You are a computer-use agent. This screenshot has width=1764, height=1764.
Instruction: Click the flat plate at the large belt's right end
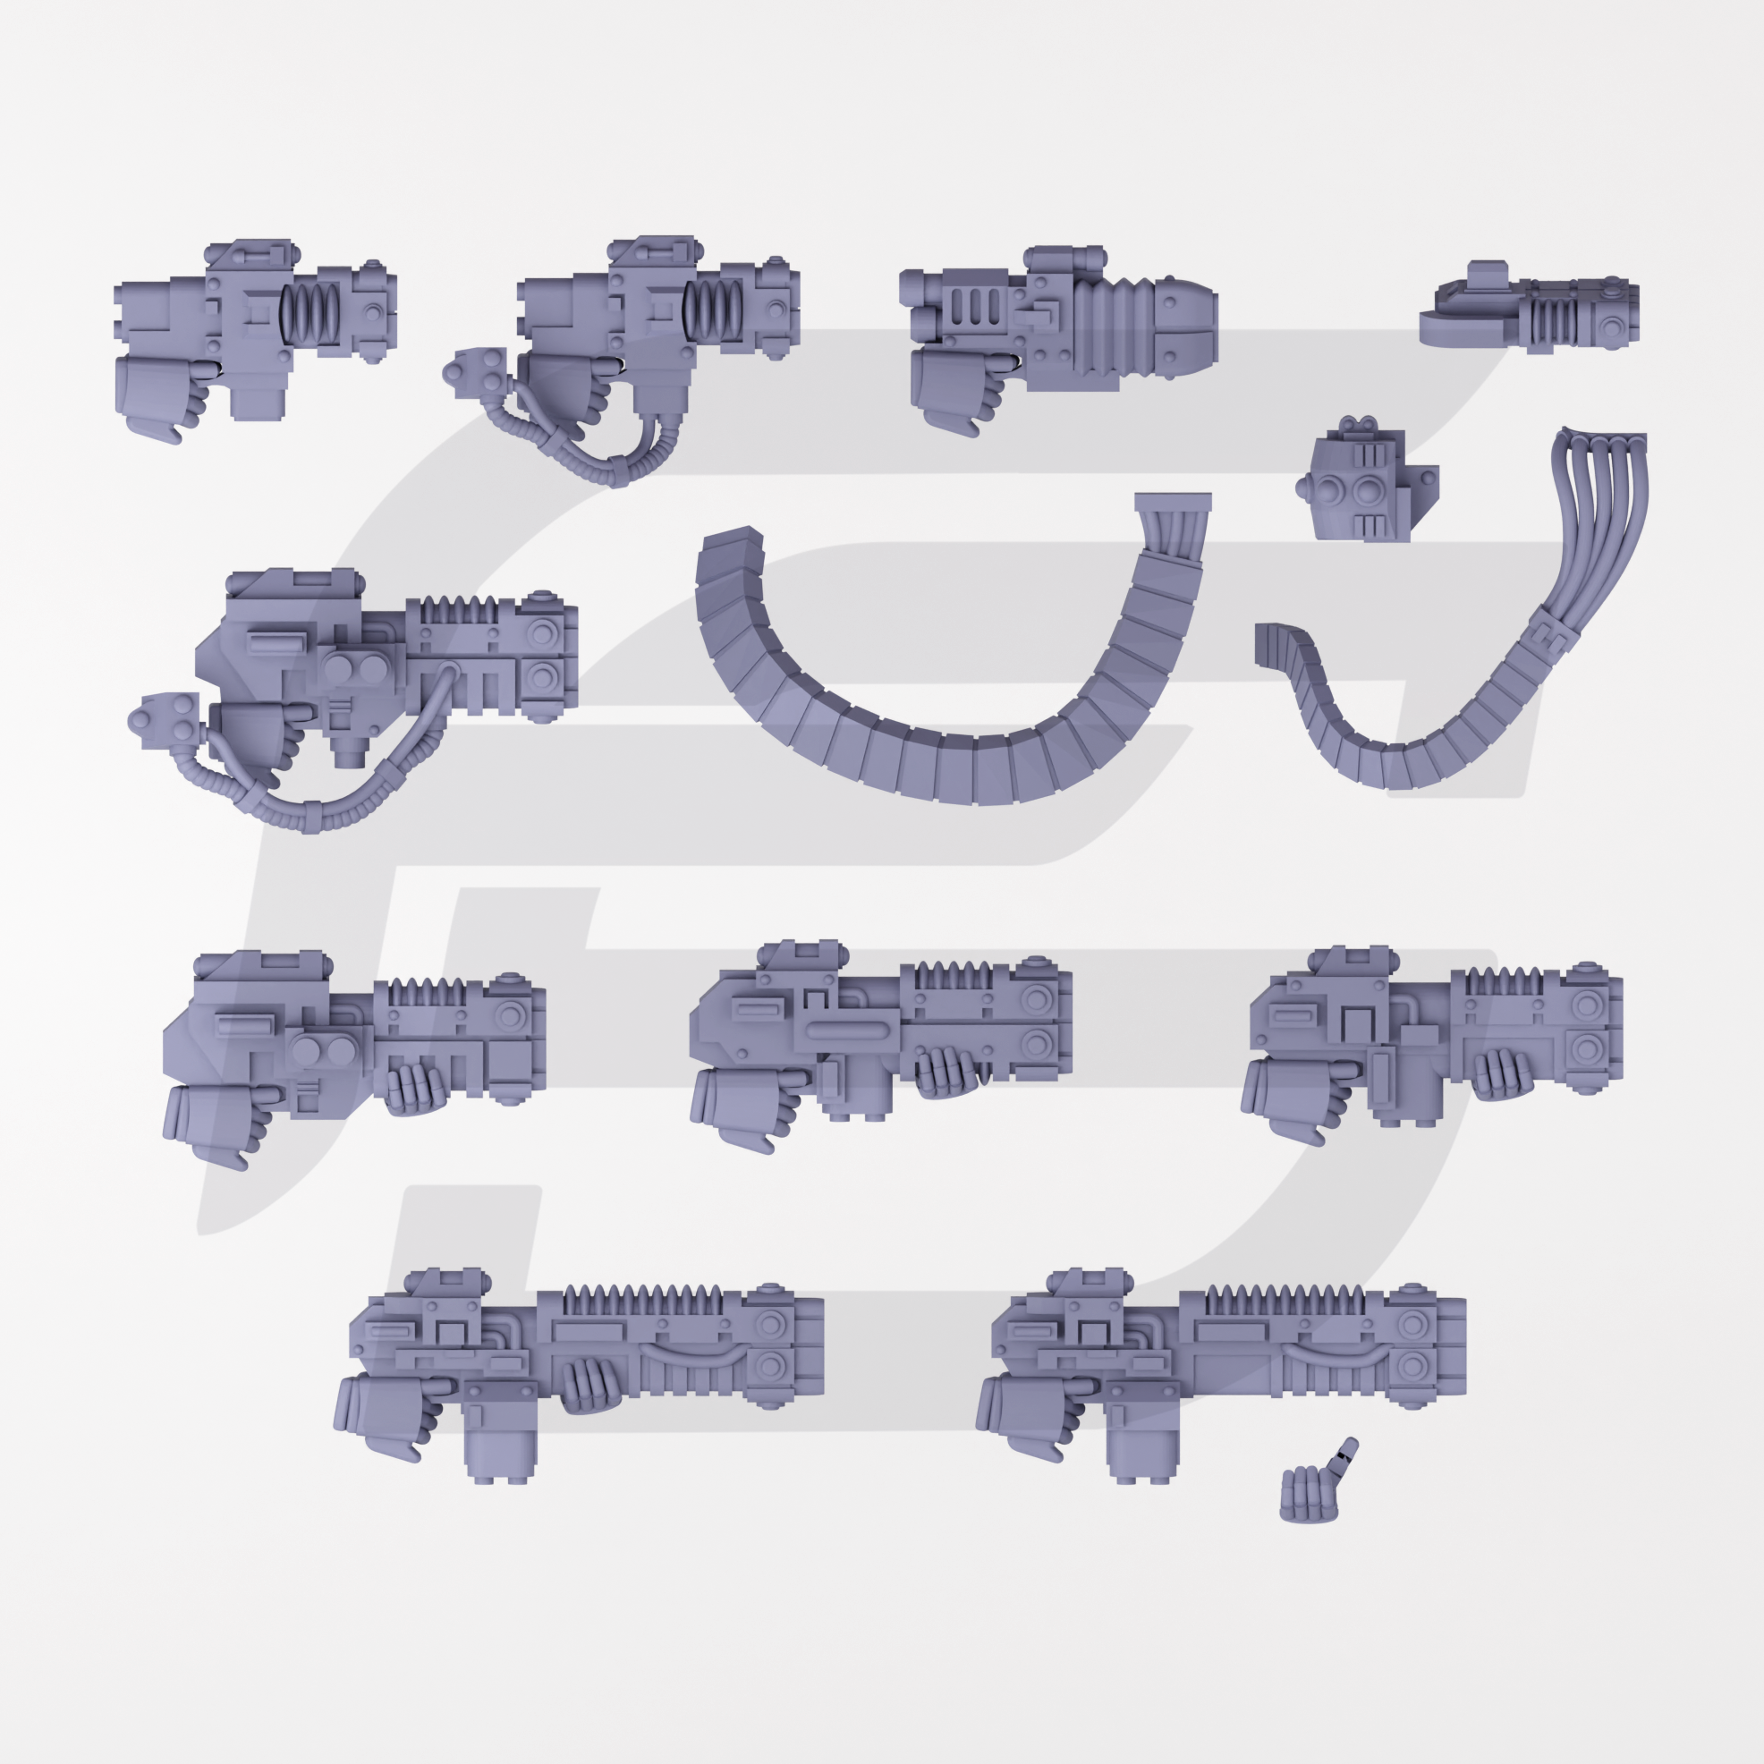1173,503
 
